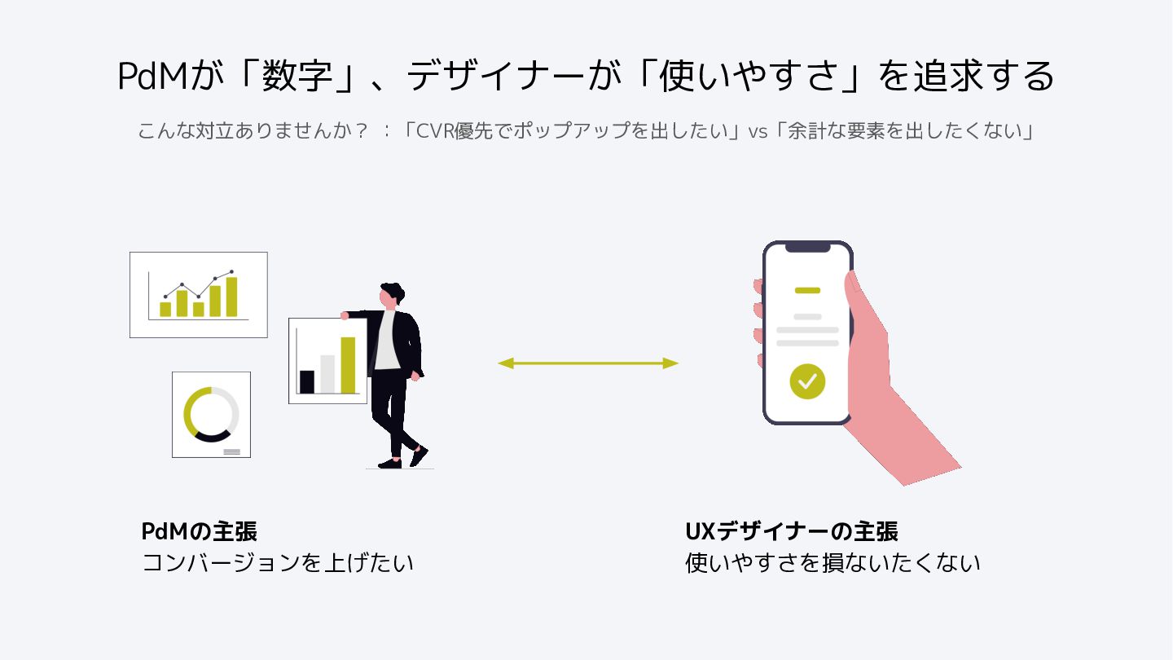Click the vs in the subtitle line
[758, 131]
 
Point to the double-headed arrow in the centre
[588, 363]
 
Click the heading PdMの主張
[200, 532]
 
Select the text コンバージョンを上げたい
[278, 563]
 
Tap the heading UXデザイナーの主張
[792, 532]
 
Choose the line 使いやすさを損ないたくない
[833, 563]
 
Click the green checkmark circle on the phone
[807, 381]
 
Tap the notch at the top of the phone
[807, 247]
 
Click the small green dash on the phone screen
[807, 290]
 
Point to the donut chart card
[211, 414]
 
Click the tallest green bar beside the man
[348, 365]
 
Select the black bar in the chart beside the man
[307, 381]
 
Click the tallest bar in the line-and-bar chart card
[231, 297]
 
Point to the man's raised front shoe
[419, 455]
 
